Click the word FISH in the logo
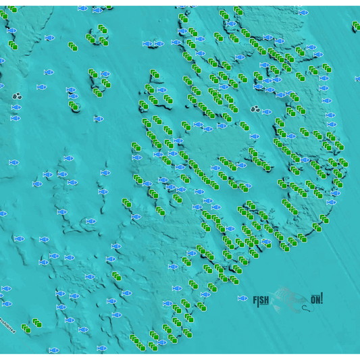pyautogui.click(x=261, y=301)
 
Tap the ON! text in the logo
pyautogui.click(x=316, y=299)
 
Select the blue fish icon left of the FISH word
pyautogui.click(x=242, y=299)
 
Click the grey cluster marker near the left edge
pyautogui.click(x=17, y=97)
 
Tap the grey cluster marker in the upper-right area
pyautogui.click(x=255, y=109)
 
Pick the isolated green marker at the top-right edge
pyautogui.click(x=356, y=26)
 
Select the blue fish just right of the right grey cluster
pyautogui.click(x=267, y=112)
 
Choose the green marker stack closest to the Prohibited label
pyautogui.click(x=26, y=328)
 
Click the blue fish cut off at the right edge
pyautogui.click(x=357, y=79)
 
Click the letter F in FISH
pyautogui.click(x=255, y=301)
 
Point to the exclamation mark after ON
pyautogui.click(x=322, y=298)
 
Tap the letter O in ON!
pyautogui.click(x=313, y=299)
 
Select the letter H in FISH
pyautogui.click(x=266, y=301)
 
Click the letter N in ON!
pyautogui.click(x=317, y=299)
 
